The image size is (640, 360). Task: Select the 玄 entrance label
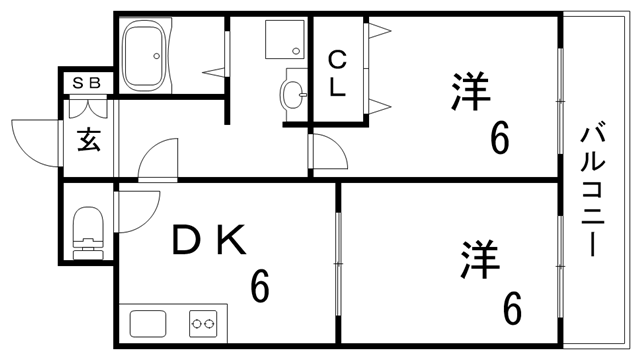[88, 140]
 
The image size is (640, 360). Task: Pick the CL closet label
[338, 73]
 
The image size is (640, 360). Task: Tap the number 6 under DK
[260, 288]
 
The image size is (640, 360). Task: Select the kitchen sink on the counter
[148, 324]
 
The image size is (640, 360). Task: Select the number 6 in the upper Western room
[498, 138]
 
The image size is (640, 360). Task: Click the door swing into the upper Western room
[328, 152]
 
